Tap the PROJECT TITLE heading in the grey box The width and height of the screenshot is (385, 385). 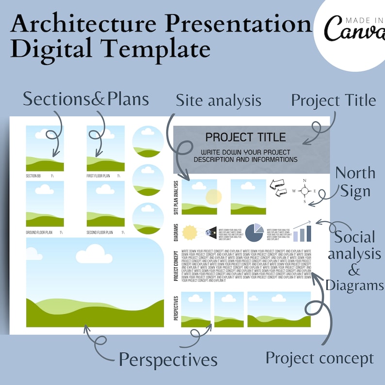coord(245,137)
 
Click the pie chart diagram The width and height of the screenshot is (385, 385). coord(254,232)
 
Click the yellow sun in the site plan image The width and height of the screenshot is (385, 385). coord(213,196)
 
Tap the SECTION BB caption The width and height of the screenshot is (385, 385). coord(33,176)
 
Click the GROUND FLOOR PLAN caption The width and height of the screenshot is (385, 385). coord(38,233)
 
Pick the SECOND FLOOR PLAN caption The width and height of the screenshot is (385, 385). coord(100,233)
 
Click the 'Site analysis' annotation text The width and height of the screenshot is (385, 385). coord(218,101)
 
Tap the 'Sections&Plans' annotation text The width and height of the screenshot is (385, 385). coord(86,99)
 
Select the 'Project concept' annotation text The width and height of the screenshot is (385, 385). coord(320,358)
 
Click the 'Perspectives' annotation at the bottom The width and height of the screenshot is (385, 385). coord(168,360)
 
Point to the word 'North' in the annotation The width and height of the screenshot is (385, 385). coord(355,173)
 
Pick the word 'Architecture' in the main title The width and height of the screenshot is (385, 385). coord(86,24)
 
